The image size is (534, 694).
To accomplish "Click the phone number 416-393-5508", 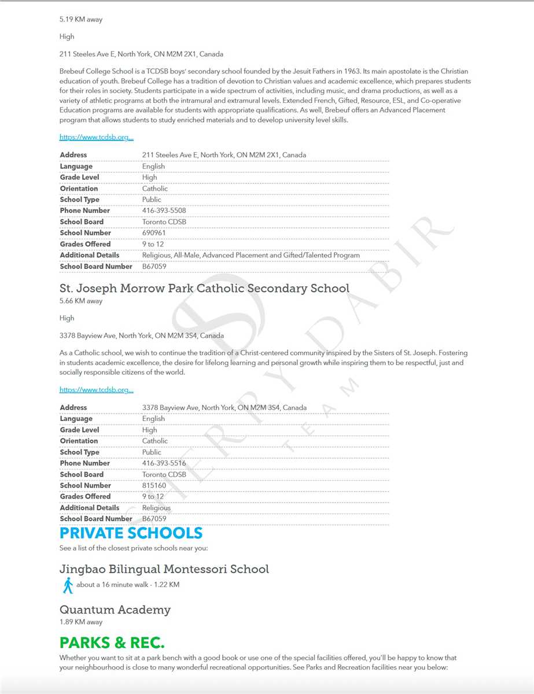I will coord(164,211).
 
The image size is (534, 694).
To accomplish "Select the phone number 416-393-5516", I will coord(164,463).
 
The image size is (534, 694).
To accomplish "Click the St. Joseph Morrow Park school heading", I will coord(204,288).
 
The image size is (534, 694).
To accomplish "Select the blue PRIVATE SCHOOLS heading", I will coord(131,533).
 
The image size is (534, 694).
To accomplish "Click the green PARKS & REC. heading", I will coord(112,643).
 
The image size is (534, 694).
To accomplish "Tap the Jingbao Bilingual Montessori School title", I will coord(164,569).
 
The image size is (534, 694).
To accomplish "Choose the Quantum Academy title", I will coord(115,610).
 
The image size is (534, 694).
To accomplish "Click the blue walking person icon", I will coord(68,585).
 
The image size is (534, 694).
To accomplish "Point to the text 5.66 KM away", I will coord(81,301).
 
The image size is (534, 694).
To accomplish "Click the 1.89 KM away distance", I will coord(81,622).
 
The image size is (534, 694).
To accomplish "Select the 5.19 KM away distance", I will coord(81,20).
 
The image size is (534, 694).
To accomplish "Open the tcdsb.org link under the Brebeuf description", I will coord(97,138).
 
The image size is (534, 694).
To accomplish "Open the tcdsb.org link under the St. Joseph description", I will coord(97,390).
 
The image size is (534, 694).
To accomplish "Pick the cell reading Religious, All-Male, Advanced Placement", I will coord(251,255).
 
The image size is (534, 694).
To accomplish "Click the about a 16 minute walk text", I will coord(128,585).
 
